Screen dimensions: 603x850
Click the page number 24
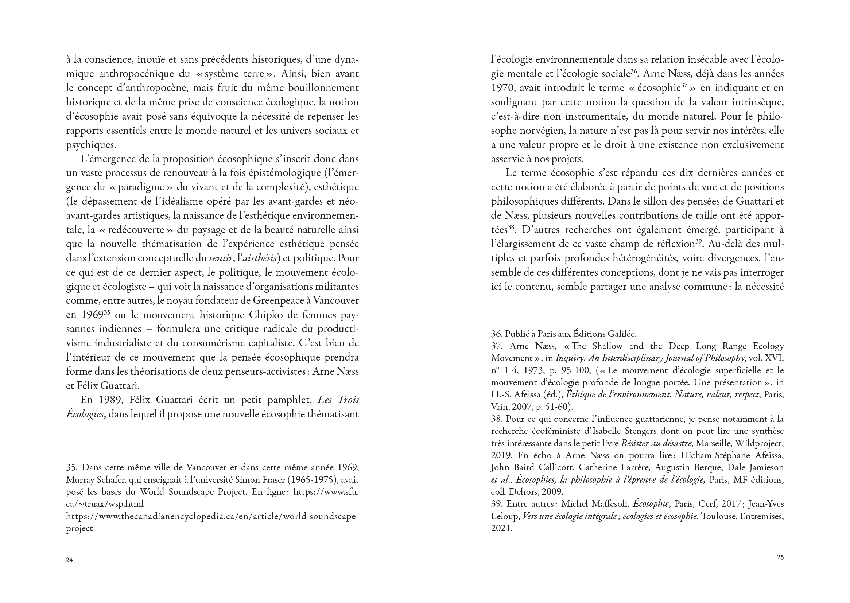pos(69,560)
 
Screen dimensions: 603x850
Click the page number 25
pos(780,557)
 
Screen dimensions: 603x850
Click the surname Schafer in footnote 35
pos(110,480)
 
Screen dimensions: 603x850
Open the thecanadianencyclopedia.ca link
pos(212,516)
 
